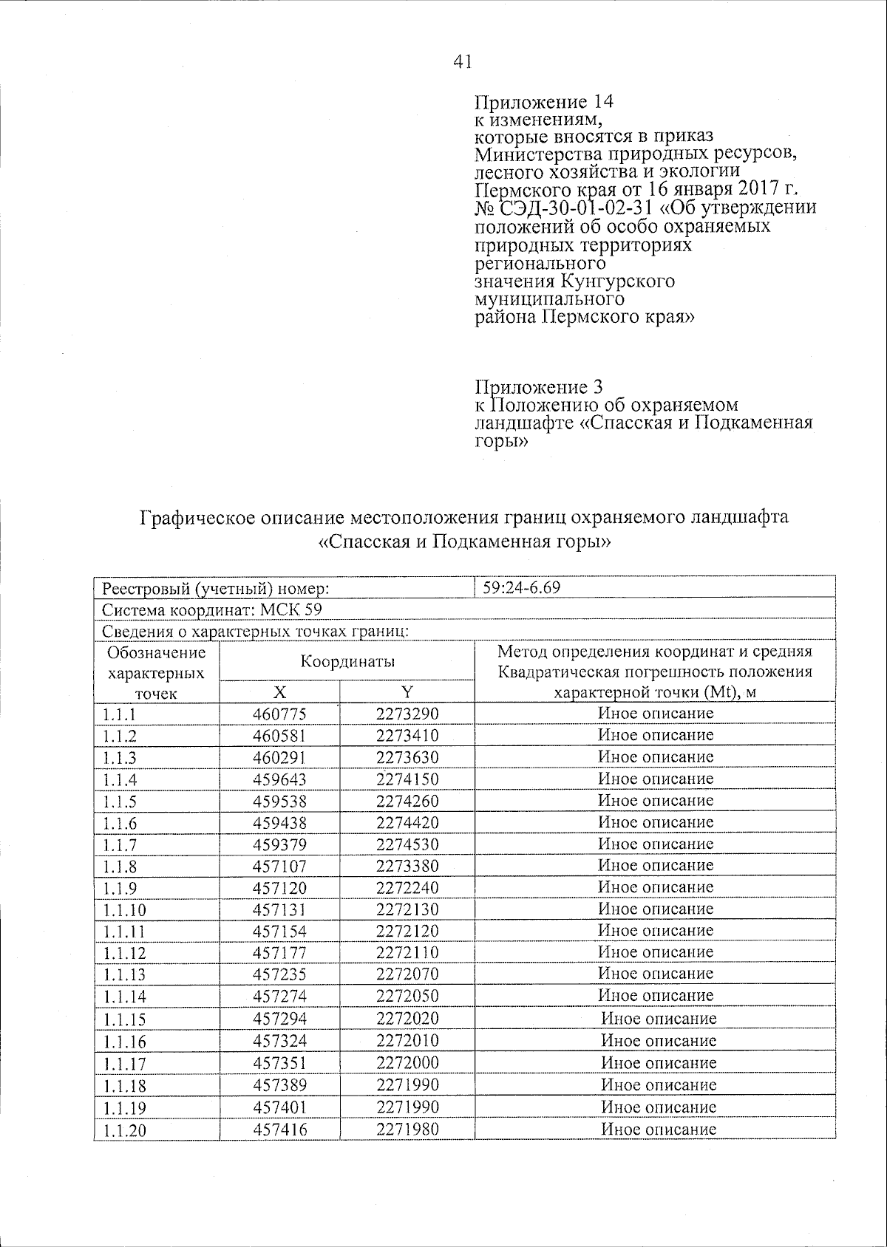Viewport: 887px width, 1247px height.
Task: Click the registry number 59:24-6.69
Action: (x=521, y=588)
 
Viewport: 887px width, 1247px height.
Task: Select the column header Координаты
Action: (x=347, y=661)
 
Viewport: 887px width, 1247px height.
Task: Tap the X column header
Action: (x=279, y=691)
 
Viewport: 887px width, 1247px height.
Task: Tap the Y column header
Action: (x=407, y=691)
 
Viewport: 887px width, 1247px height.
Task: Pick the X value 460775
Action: (x=279, y=714)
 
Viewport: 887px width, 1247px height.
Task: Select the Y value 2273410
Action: (x=407, y=736)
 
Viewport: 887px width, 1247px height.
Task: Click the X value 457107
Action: (x=279, y=866)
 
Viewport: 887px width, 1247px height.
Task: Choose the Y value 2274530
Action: (x=407, y=844)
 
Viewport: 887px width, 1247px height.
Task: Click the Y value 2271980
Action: (x=407, y=1129)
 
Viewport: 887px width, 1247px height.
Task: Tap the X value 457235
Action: (x=279, y=974)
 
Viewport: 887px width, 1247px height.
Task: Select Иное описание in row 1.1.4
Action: (x=656, y=779)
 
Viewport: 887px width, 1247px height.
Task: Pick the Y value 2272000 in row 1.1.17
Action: (x=407, y=1062)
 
